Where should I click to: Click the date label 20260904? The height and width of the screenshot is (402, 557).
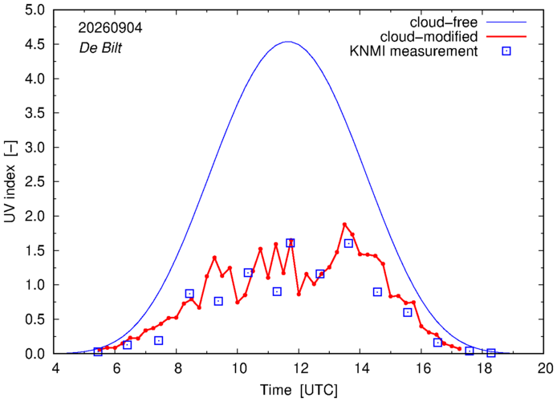tap(110, 28)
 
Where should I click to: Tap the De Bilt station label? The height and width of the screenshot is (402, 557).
tap(100, 47)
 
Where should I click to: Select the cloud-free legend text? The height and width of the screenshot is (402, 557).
tap(444, 22)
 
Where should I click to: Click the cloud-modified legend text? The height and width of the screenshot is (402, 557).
tap(429, 37)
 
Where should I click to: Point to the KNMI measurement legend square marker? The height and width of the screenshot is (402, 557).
tap(506, 51)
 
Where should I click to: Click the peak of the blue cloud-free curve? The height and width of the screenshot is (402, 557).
tap(288, 42)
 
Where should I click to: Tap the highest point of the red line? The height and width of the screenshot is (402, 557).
tap(344, 225)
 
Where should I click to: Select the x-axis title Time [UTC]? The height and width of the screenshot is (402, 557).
tap(299, 390)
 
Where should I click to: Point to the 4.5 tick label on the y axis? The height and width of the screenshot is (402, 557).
tap(35, 45)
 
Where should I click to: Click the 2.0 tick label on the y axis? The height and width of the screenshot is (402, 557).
tap(35, 217)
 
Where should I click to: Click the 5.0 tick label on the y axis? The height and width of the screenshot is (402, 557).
tap(35, 10)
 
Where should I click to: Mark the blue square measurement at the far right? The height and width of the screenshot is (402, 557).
tap(491, 352)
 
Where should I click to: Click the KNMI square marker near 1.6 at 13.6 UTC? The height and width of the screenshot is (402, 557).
tap(348, 243)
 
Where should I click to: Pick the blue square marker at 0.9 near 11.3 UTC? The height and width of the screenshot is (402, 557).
tap(277, 291)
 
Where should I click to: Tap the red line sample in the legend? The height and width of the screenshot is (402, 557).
tap(506, 37)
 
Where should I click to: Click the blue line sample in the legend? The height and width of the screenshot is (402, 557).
tap(506, 22)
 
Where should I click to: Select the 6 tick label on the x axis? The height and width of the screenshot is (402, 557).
tap(116, 368)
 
